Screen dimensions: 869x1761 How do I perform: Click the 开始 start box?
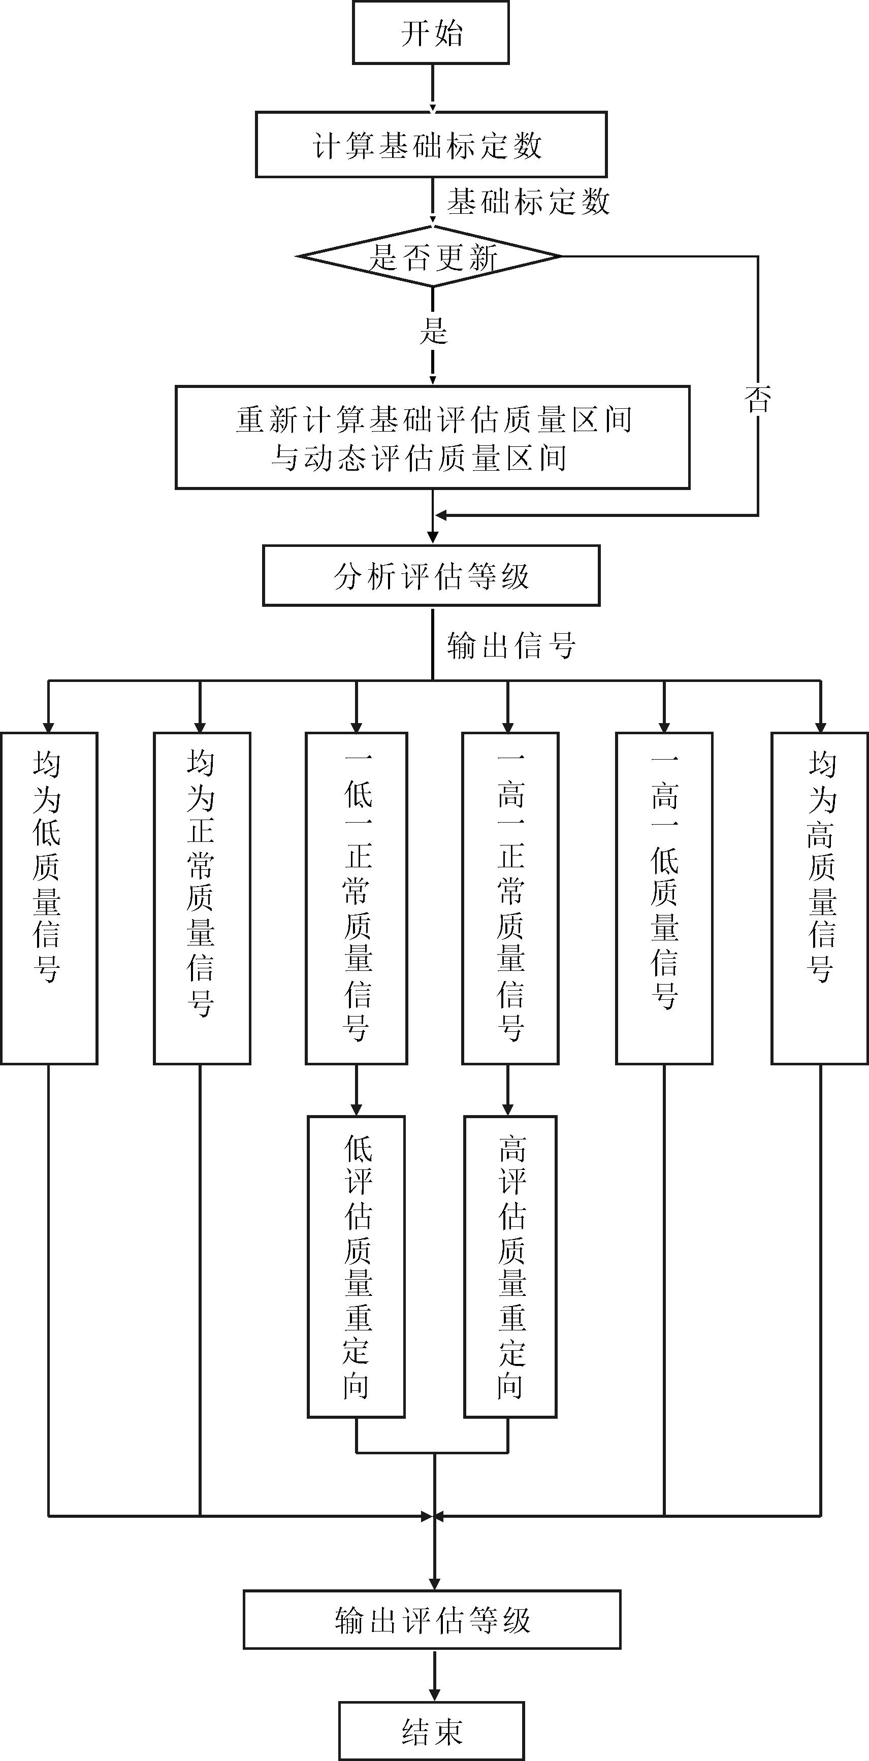[x=431, y=32]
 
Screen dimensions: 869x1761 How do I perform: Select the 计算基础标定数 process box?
[x=431, y=145]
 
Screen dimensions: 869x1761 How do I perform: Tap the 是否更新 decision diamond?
[x=431, y=256]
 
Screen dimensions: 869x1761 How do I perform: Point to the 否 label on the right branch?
[x=758, y=399]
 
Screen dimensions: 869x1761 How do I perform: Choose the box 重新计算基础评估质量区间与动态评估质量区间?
[x=432, y=438]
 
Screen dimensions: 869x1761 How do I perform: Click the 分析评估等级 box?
[x=431, y=576]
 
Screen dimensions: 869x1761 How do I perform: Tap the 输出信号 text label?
[x=511, y=645]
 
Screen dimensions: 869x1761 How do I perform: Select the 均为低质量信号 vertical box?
[x=49, y=898]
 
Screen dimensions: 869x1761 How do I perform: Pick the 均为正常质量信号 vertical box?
[x=202, y=898]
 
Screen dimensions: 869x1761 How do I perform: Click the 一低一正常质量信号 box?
[x=356, y=898]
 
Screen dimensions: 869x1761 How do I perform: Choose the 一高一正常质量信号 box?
[x=510, y=898]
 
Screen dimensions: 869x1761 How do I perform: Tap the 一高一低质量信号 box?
[x=664, y=898]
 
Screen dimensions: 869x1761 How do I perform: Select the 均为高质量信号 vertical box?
[x=820, y=898]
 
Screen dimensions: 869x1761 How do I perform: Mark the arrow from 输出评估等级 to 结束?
[x=434, y=1676]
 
